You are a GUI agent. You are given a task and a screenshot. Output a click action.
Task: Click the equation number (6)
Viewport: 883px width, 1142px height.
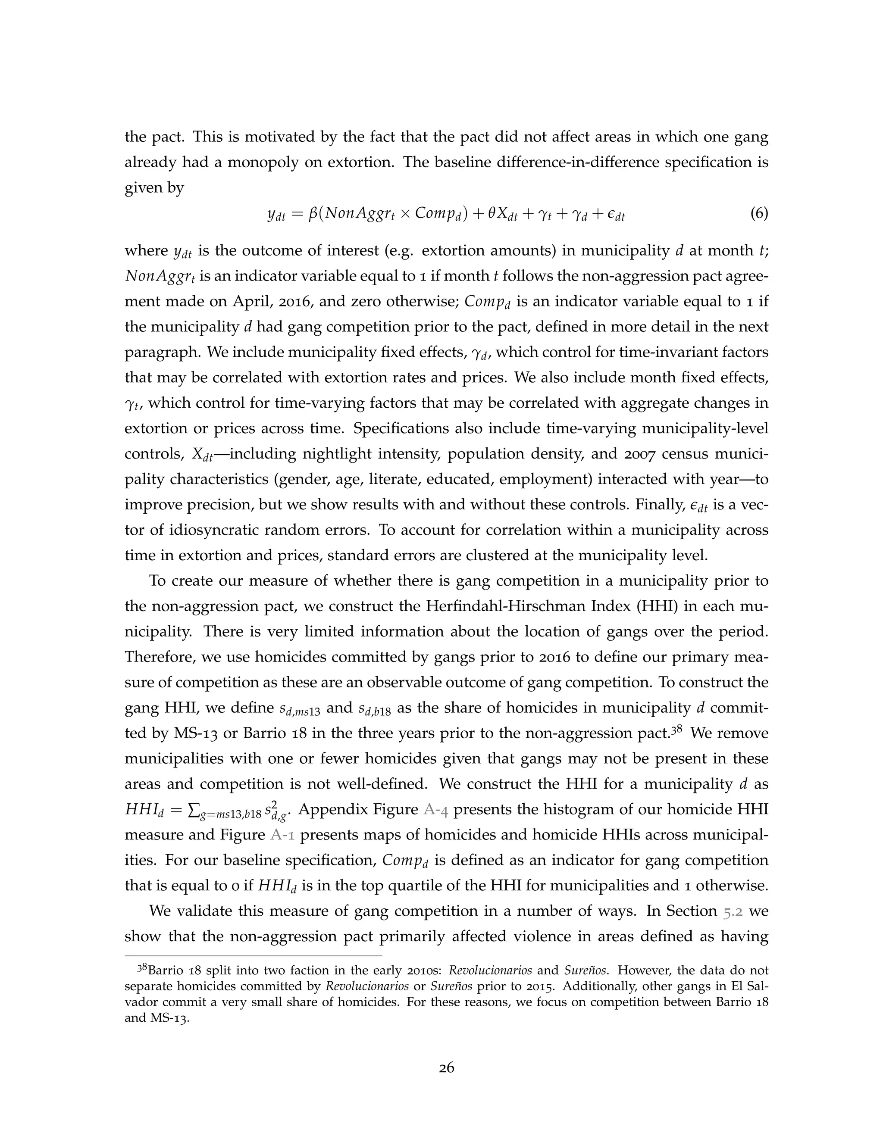[758, 214]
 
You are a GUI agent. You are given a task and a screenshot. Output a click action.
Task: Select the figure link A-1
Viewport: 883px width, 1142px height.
[282, 835]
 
